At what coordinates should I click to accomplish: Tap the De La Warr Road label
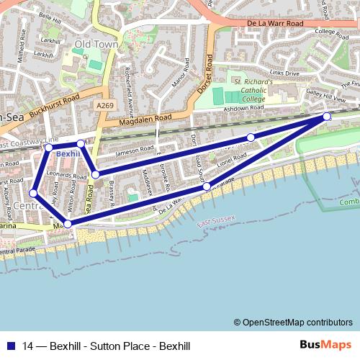click(280, 24)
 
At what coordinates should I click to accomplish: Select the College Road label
click(331, 32)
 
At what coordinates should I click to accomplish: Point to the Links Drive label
click(284, 73)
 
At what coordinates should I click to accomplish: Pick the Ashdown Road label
click(244, 107)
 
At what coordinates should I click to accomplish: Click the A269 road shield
click(104, 105)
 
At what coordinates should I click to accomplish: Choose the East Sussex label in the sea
click(216, 227)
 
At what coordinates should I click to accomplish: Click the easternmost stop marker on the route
click(326, 116)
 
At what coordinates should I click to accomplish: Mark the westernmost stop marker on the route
click(33, 193)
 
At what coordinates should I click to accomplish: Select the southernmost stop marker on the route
click(68, 225)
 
